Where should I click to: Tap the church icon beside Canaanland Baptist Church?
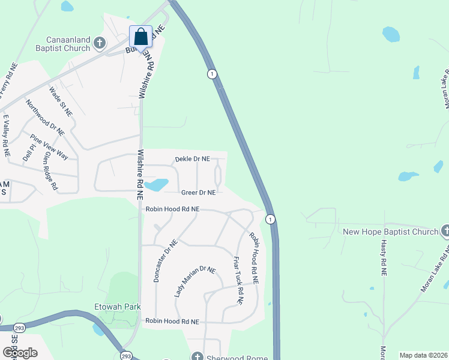coord(100,43)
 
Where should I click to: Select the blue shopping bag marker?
coord(140,37)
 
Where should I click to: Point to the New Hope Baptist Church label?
coord(390,232)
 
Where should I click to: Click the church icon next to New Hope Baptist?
coord(445,231)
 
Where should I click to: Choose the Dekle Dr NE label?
coord(192,159)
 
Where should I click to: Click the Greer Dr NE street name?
coord(198,193)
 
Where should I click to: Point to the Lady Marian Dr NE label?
coord(194,281)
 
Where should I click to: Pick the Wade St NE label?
coord(60,101)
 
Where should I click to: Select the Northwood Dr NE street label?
coord(44,117)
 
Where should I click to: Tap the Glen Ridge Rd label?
coord(50,170)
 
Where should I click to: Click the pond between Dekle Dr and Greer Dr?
coord(157,184)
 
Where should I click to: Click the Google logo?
coord(20,352)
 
